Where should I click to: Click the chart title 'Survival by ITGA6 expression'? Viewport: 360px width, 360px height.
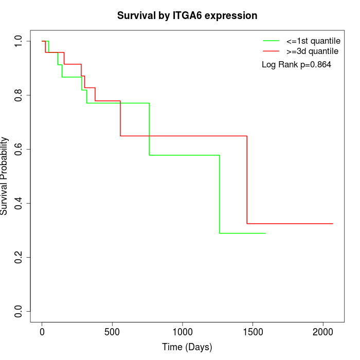point(187,15)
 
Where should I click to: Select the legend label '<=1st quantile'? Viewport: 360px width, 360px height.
point(313,41)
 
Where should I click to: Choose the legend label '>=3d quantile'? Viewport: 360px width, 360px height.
point(312,51)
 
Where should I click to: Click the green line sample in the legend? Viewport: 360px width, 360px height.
point(271,41)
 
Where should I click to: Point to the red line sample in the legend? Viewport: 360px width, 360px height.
point(271,51)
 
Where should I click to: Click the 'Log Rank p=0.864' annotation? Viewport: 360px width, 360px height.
point(297,65)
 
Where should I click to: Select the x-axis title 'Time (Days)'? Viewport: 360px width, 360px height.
point(187,347)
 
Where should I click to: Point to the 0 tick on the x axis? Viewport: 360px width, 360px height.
point(42,332)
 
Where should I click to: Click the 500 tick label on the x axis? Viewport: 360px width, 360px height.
point(112,332)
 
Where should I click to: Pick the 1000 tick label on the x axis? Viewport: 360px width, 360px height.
point(183,332)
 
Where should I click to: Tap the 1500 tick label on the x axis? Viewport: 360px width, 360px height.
point(253,332)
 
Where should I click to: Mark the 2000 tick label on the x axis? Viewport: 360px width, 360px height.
point(323,332)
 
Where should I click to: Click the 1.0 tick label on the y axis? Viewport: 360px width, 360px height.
point(19,41)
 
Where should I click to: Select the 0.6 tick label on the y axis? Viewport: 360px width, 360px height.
point(19,149)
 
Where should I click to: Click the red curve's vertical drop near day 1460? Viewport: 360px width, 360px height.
point(247,180)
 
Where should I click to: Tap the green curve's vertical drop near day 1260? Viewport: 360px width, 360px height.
point(220,194)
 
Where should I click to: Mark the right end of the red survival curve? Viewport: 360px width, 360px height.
point(333,224)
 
